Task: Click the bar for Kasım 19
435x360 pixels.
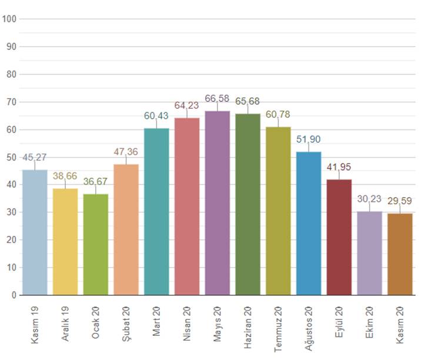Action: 35,232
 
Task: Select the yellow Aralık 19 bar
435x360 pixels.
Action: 65,241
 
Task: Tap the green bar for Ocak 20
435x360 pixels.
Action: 96,244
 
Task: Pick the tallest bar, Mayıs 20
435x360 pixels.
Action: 217,203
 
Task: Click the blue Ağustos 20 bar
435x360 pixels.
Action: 309,224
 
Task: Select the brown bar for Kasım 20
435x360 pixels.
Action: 400,254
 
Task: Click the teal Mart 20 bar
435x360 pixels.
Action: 156,212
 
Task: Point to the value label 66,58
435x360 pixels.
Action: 217,98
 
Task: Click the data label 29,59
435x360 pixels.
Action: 400,201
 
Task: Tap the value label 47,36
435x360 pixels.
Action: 126,151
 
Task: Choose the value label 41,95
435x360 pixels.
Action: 339,166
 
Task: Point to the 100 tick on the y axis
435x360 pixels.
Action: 9,19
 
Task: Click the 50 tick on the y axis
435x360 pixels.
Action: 11,157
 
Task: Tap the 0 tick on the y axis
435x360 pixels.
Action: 13,295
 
